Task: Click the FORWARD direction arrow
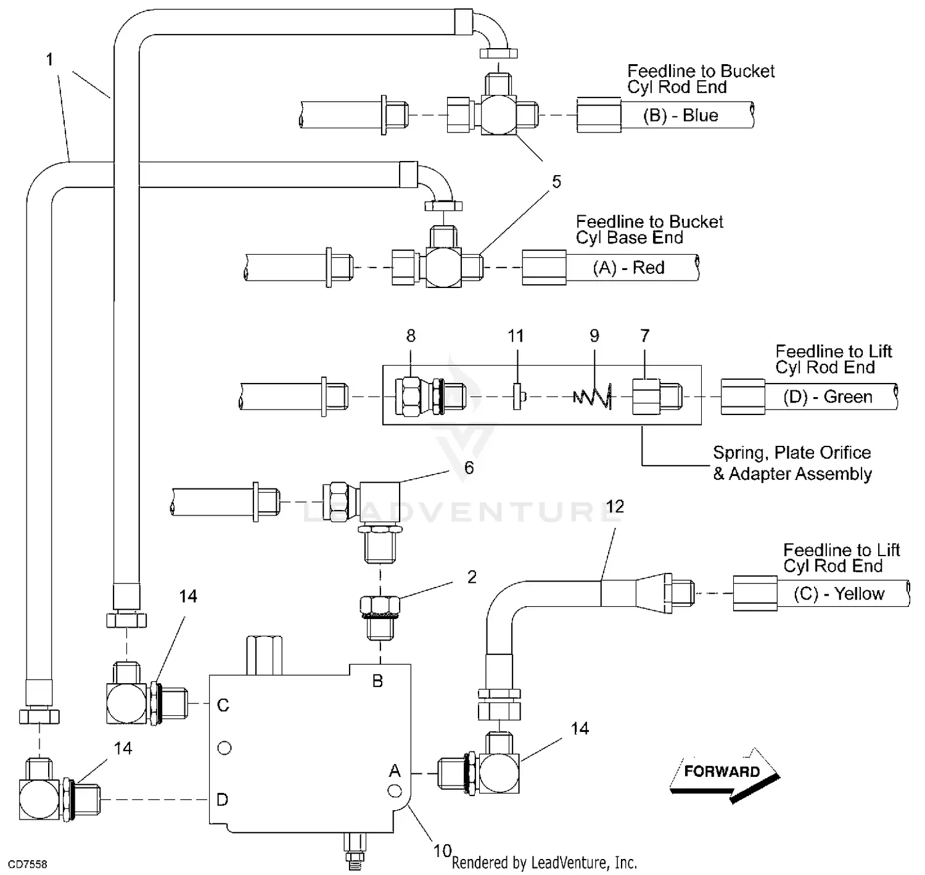(x=723, y=773)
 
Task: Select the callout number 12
(x=615, y=507)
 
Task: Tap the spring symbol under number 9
(x=593, y=395)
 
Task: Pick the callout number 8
(x=411, y=336)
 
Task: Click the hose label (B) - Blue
(x=680, y=116)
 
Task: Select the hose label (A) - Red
(x=628, y=268)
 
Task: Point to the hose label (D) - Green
(x=828, y=396)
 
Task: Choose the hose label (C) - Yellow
(x=839, y=594)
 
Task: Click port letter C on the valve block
(x=223, y=705)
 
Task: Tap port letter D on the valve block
(x=223, y=800)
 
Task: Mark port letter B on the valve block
(x=377, y=681)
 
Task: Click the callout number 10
(x=442, y=851)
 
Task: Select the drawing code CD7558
(x=27, y=865)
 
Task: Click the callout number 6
(x=469, y=468)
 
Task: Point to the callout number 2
(x=472, y=577)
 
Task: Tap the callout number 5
(x=556, y=182)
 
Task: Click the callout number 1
(x=50, y=60)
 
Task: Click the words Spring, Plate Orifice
(x=792, y=453)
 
